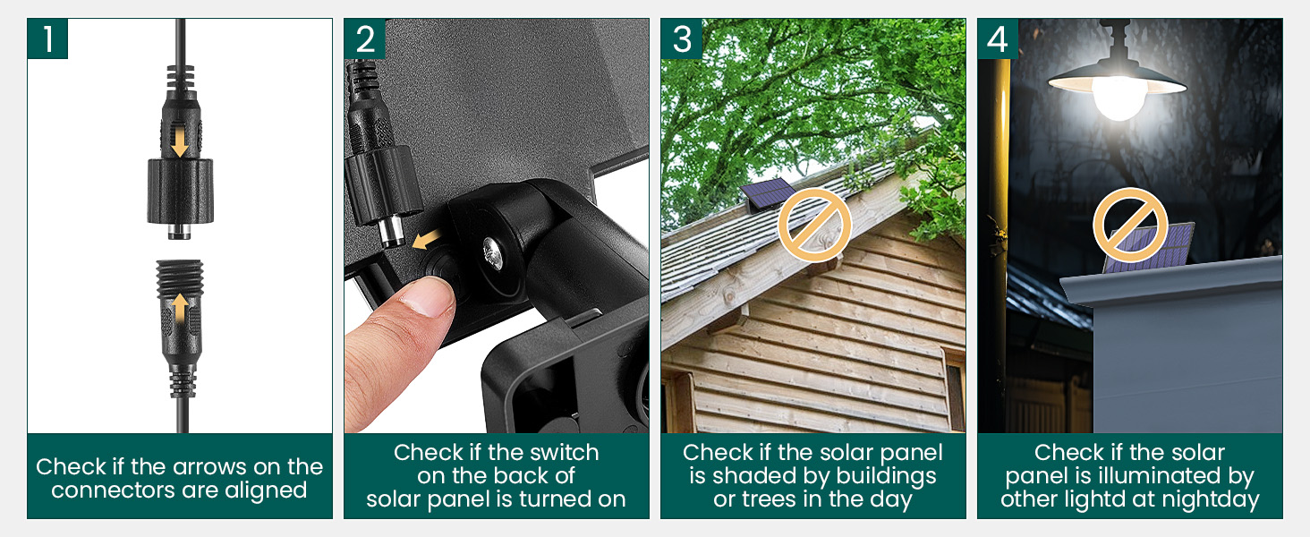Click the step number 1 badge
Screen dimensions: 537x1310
pyautogui.click(x=47, y=38)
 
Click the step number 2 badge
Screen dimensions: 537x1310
pyautogui.click(x=364, y=38)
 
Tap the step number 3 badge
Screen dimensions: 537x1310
pyautogui.click(x=681, y=38)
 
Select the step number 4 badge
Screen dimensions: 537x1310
pyautogui.click(x=998, y=38)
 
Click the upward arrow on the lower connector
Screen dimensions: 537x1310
pyautogui.click(x=180, y=308)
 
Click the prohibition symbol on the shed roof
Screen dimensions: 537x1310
pyautogui.click(x=814, y=224)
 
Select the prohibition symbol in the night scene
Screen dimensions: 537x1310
pyautogui.click(x=1130, y=224)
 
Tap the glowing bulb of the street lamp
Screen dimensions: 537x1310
pyautogui.click(x=1119, y=98)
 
